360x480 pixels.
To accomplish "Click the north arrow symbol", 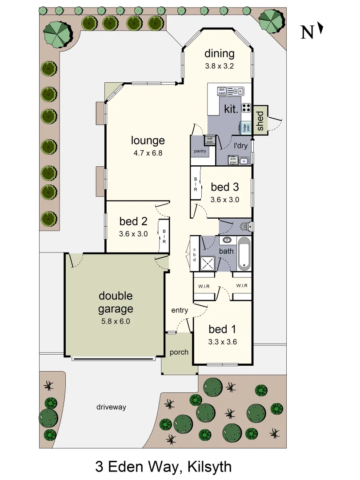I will pyautogui.click(x=320, y=30).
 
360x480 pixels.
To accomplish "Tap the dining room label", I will pyautogui.click(x=219, y=54).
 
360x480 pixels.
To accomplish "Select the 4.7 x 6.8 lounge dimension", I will pyautogui.click(x=148, y=153).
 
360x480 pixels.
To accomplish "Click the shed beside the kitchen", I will pyautogui.click(x=260, y=120).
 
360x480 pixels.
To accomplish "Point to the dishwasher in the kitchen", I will pyautogui.click(x=222, y=91).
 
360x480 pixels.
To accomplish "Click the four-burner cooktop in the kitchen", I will pyautogui.click(x=246, y=108).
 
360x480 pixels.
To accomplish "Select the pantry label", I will pyautogui.click(x=200, y=151).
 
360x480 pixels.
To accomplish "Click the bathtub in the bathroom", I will pyautogui.click(x=244, y=254).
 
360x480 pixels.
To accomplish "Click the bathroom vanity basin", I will pyautogui.click(x=227, y=240).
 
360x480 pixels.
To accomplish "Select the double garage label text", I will pyautogui.click(x=116, y=302).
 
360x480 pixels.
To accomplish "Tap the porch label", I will pyautogui.click(x=179, y=352).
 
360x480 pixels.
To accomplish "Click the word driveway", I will pyautogui.click(x=112, y=407).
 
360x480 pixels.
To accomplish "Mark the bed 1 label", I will pyautogui.click(x=222, y=329).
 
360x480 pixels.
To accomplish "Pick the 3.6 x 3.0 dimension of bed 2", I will pyautogui.click(x=133, y=233).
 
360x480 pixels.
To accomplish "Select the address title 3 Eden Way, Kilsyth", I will pyautogui.click(x=163, y=467).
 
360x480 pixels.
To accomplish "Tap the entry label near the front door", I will pyautogui.click(x=180, y=310).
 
